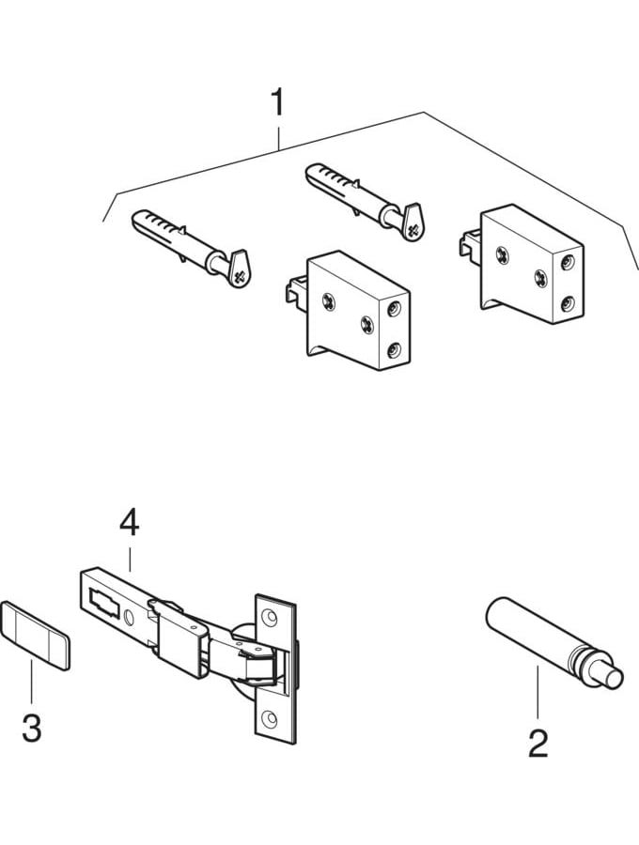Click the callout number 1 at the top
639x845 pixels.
pos(276,102)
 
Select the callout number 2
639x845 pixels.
pos(538,744)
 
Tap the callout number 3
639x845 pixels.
pos(31,728)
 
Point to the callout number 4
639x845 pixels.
pos(129,523)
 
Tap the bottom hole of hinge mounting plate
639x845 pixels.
pos(270,719)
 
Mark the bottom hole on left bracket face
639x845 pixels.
pos(394,351)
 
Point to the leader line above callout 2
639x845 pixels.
pos(538,695)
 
